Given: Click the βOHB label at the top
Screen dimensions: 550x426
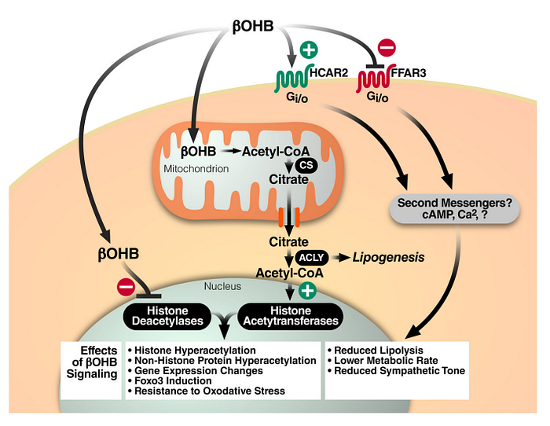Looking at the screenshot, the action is coord(253,26).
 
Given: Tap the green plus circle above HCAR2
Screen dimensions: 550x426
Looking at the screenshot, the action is coord(309,50).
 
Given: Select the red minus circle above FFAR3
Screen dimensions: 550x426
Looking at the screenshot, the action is coord(387,47).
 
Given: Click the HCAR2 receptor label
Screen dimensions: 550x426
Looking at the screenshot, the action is coord(329,72).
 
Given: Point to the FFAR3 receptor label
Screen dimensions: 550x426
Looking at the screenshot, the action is coord(409,72).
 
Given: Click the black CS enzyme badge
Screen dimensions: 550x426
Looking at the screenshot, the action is coord(306,165).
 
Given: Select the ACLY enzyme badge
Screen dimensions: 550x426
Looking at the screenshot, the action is coord(311,258).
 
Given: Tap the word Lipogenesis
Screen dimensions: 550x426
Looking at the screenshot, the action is coord(389,257).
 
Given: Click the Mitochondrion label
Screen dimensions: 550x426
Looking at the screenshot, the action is coord(196,169).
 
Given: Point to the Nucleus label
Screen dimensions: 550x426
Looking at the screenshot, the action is coord(222,286).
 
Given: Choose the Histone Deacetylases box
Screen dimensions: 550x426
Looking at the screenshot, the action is coord(167,316).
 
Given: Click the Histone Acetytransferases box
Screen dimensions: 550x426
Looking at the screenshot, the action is coord(291,316).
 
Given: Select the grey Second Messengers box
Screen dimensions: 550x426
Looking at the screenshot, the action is coord(455,208).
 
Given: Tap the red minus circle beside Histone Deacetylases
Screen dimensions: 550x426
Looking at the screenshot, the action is coord(126,287).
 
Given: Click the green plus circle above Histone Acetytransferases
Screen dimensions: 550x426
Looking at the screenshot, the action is coord(307,291).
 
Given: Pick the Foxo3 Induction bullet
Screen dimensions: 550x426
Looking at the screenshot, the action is coord(170,380).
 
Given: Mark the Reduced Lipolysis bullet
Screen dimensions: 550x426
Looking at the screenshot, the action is coord(376,351).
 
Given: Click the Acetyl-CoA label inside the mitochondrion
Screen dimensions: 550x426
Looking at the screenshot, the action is coord(276,151).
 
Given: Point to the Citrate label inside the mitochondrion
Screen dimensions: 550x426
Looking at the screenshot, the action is coord(288,179).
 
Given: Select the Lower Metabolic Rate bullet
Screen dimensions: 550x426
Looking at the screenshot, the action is coord(383,361).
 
